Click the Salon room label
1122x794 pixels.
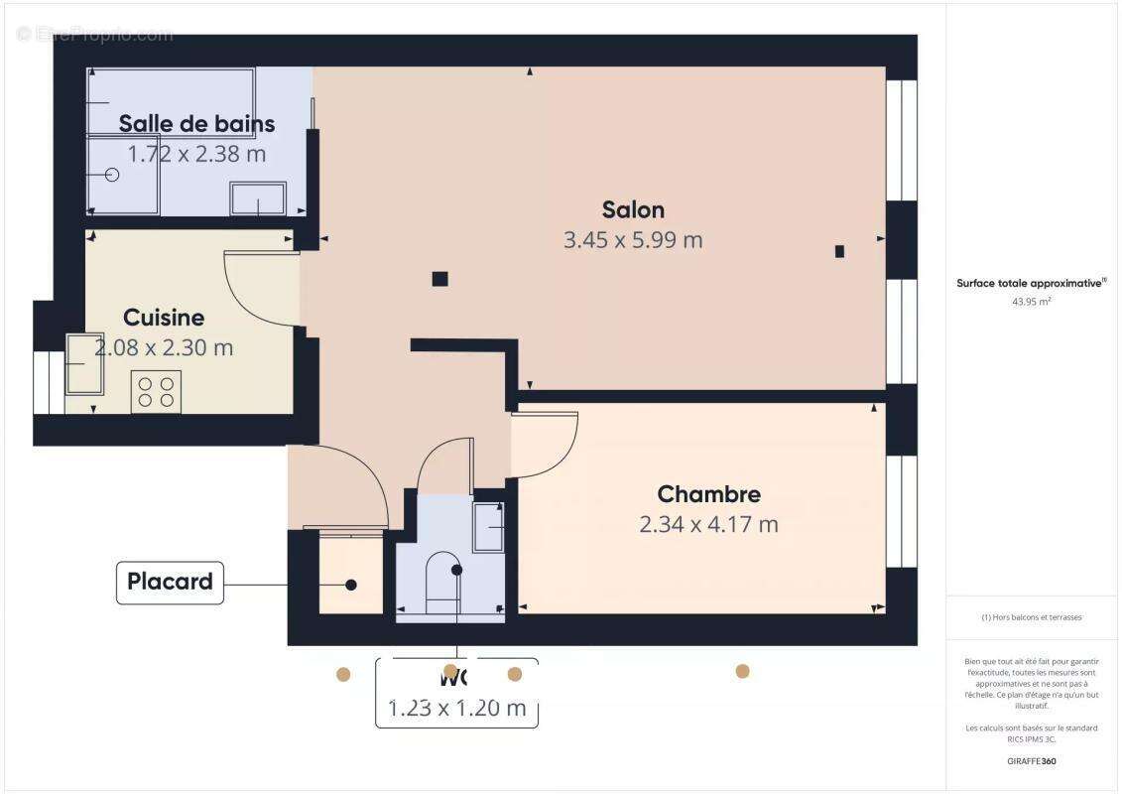click(x=633, y=209)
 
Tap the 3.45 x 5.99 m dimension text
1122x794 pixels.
click(x=633, y=240)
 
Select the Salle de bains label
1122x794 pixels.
click(x=196, y=124)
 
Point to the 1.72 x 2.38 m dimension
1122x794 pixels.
click(x=196, y=154)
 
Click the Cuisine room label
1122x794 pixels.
click(x=164, y=318)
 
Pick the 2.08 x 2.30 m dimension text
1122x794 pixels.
click(x=164, y=348)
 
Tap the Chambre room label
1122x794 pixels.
click(x=708, y=494)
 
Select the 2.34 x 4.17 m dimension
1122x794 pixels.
click(x=708, y=524)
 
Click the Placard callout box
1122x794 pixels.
click(x=170, y=582)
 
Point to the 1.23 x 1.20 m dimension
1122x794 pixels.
click(x=456, y=709)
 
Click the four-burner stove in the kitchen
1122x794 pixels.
click(x=156, y=391)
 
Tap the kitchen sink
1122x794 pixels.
click(x=84, y=363)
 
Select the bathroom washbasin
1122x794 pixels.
click(x=258, y=198)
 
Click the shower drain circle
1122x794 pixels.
click(x=111, y=175)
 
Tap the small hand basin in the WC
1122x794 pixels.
click(x=489, y=526)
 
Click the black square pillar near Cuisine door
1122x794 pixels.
click(x=439, y=279)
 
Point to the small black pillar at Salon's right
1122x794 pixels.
click(x=839, y=251)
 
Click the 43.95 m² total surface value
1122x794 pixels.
click(x=1031, y=302)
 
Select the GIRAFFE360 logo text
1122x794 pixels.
click(x=1031, y=762)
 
